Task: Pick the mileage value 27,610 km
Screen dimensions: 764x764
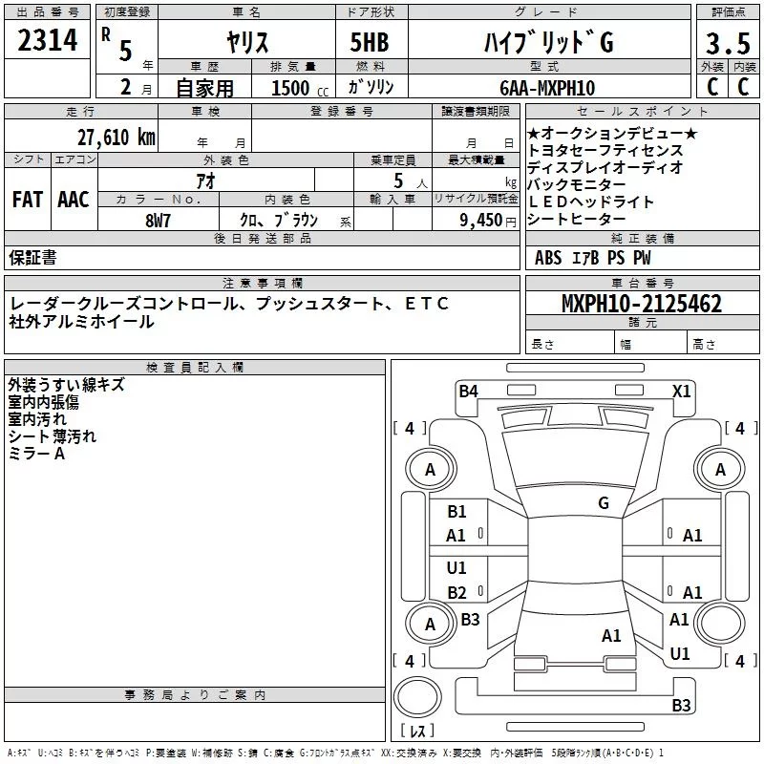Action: tap(116, 137)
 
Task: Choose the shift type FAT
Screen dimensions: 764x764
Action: tap(27, 200)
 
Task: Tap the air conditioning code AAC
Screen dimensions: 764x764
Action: tap(74, 200)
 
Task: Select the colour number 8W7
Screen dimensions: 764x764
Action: tap(158, 220)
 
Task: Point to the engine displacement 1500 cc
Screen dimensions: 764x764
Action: tap(296, 88)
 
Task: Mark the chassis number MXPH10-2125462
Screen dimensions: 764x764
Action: tap(641, 304)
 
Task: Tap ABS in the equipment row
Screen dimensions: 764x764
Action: tap(548, 257)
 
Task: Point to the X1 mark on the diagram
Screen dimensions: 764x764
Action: tap(681, 390)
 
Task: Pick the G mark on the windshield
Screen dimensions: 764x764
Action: tap(603, 503)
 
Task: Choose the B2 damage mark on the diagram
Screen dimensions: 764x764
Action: tap(456, 592)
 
